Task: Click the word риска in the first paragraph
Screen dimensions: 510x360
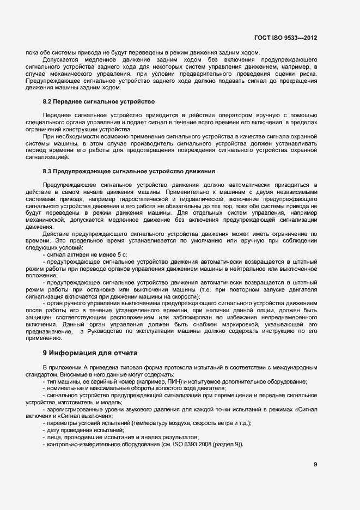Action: (x=309, y=73)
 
